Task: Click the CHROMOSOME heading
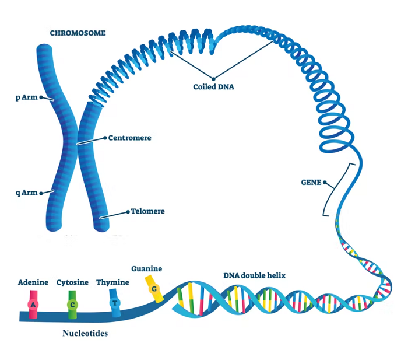pos(78,33)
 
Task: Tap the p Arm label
pos(26,97)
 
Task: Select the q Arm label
pos(26,193)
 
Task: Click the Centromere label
pos(130,138)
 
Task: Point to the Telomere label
pos(147,211)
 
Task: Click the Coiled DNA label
pos(213,88)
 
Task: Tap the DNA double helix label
pos(255,275)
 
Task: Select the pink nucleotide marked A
pos(33,305)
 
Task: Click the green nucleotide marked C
pos(72,305)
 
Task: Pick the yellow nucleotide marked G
pos(154,289)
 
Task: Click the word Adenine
pos(33,282)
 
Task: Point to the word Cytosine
pos(72,282)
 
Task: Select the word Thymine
pos(112,282)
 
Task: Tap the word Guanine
pos(146,269)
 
